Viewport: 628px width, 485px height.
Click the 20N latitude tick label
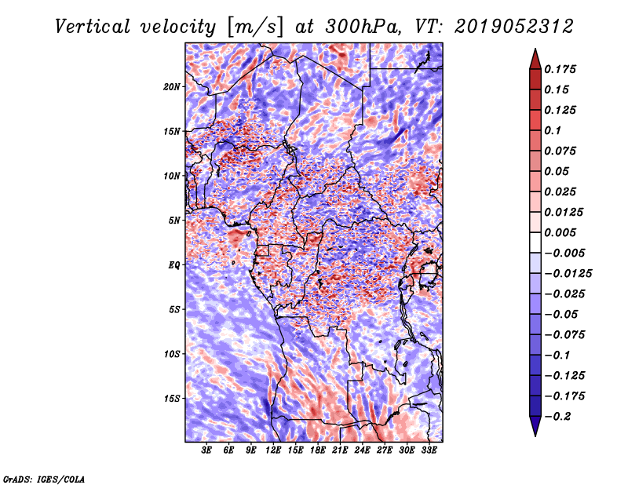[x=171, y=87]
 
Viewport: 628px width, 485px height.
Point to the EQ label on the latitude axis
[x=173, y=265]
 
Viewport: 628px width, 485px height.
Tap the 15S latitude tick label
[x=172, y=399]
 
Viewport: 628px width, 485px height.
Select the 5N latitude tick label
[x=174, y=221]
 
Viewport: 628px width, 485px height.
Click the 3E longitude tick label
[x=206, y=450]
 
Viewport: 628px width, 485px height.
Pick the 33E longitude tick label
[x=429, y=450]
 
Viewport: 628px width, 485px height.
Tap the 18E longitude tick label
[x=318, y=450]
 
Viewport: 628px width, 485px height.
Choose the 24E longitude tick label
[x=362, y=450]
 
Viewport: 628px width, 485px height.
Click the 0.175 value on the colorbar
[x=560, y=69]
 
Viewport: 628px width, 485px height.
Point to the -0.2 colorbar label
[x=557, y=417]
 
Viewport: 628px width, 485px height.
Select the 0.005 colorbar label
[x=560, y=232]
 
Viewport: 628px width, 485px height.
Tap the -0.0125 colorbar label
[x=568, y=274]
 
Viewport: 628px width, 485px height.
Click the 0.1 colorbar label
[x=553, y=130]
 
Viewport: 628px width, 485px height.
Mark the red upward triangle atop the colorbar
[x=535, y=59]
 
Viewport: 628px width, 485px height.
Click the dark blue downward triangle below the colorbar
[x=535, y=426]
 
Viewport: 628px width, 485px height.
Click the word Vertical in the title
[x=93, y=27]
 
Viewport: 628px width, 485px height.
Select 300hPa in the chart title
[x=363, y=27]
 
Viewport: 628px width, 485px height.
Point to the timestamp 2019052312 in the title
[x=514, y=27]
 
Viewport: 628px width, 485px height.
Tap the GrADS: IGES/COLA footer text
[x=44, y=480]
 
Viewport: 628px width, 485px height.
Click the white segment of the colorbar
[x=535, y=242]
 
